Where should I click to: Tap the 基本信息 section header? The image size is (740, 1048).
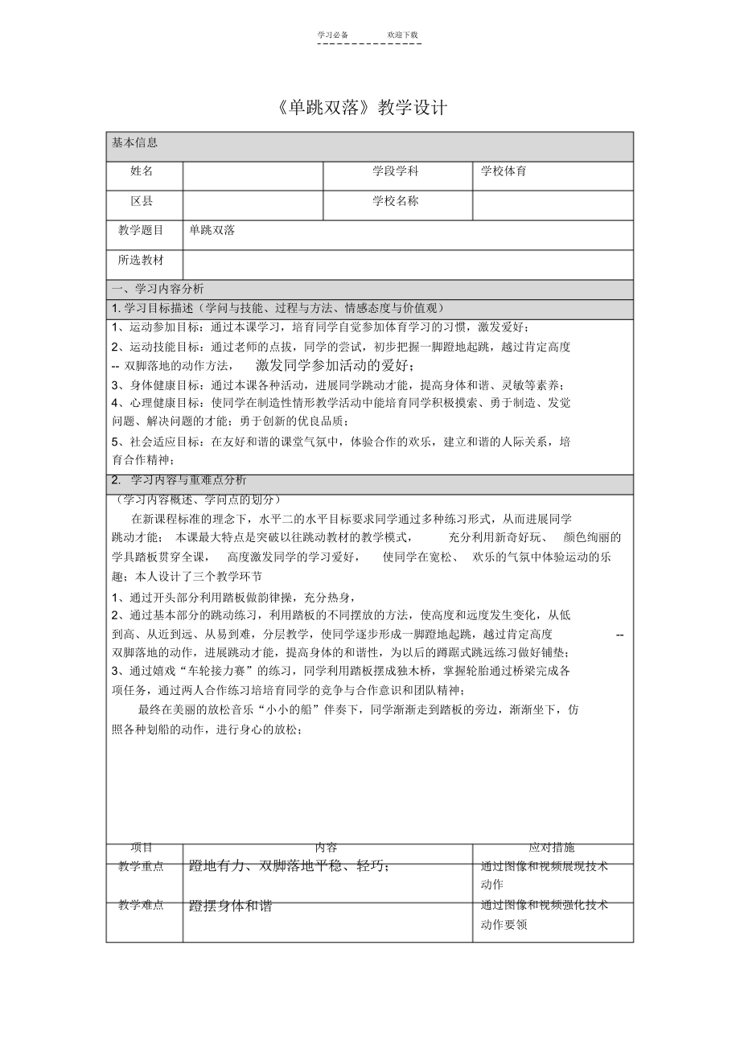coord(134,143)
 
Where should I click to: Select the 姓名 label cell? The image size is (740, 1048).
coord(142,171)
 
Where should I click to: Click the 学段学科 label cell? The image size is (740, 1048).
coord(395,171)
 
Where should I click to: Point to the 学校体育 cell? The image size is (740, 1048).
coord(504,171)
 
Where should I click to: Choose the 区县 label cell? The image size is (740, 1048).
coord(142,201)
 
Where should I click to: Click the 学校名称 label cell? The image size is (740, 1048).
coord(395,201)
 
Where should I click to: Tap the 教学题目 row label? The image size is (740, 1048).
coord(142,231)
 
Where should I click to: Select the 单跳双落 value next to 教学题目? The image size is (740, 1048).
coord(212,231)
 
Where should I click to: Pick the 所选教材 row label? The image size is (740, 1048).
coord(142,261)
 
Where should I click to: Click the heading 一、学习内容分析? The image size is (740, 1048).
coord(158,289)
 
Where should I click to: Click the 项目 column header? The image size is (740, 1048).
coord(142,848)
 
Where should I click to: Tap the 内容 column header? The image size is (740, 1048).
coord(326,848)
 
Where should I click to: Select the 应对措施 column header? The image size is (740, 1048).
coord(552,848)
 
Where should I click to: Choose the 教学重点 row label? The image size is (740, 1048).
coord(142,867)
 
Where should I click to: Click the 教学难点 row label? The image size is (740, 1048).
coord(142,906)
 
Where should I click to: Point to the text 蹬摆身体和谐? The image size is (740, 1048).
coord(231,906)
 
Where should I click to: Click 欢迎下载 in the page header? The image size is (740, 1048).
coord(402,35)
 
